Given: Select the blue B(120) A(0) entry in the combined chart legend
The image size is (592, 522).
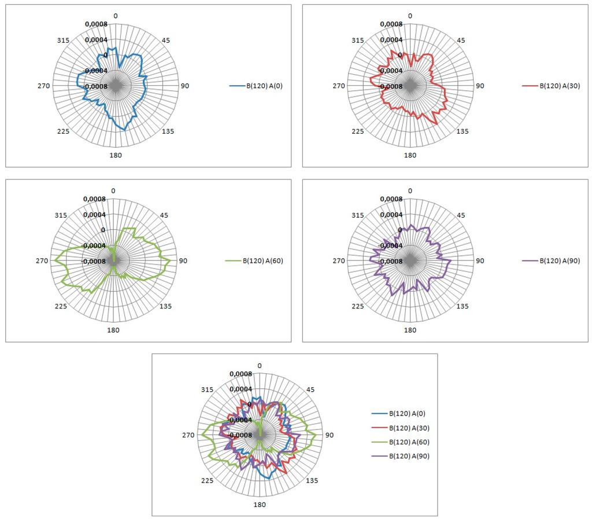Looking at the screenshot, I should pyautogui.click(x=408, y=413).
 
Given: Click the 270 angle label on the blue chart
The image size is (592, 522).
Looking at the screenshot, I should pyautogui.click(x=43, y=86).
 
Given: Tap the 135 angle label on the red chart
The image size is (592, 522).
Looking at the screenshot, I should pyautogui.click(x=462, y=131).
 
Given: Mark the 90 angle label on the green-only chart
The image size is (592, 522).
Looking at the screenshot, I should pyautogui.click(x=183, y=261).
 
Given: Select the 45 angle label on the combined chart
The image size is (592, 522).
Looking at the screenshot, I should pyautogui.click(x=310, y=390).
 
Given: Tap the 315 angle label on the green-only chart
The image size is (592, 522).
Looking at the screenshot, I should pyautogui.click(x=61, y=215).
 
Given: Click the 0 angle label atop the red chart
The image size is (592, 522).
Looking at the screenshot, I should pyautogui.click(x=410, y=16).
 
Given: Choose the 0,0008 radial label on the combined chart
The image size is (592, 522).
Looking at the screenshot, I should pyautogui.click(x=240, y=374).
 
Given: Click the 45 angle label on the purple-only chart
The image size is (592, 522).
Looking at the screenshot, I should pyautogui.click(x=461, y=215).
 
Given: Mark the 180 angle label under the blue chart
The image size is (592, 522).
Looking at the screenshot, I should pyautogui.click(x=116, y=155).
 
